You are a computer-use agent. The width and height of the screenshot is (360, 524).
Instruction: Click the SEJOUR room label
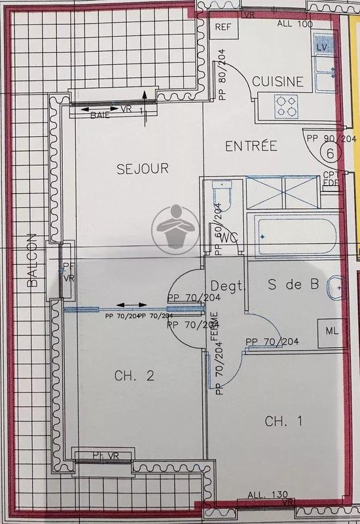143,168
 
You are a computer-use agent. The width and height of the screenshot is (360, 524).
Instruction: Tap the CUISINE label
278,82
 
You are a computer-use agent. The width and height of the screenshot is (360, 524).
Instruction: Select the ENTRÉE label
251,145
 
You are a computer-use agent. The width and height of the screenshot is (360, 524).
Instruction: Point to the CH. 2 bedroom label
134,376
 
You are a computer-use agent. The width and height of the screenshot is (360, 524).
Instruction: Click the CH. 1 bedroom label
283,421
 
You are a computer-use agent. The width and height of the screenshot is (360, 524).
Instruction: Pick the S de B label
295,285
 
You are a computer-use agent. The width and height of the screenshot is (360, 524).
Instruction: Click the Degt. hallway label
227,286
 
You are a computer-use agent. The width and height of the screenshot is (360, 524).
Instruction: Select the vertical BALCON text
33,262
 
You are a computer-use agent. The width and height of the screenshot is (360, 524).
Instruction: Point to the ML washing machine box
331,331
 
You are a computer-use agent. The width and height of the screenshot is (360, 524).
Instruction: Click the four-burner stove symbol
286,103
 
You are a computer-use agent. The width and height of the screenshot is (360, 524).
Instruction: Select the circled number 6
331,154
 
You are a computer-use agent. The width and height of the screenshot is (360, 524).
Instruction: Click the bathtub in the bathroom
295,231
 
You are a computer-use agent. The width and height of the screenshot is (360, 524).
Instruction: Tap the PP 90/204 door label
330,138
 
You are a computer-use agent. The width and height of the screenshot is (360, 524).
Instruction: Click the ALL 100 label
295,23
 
